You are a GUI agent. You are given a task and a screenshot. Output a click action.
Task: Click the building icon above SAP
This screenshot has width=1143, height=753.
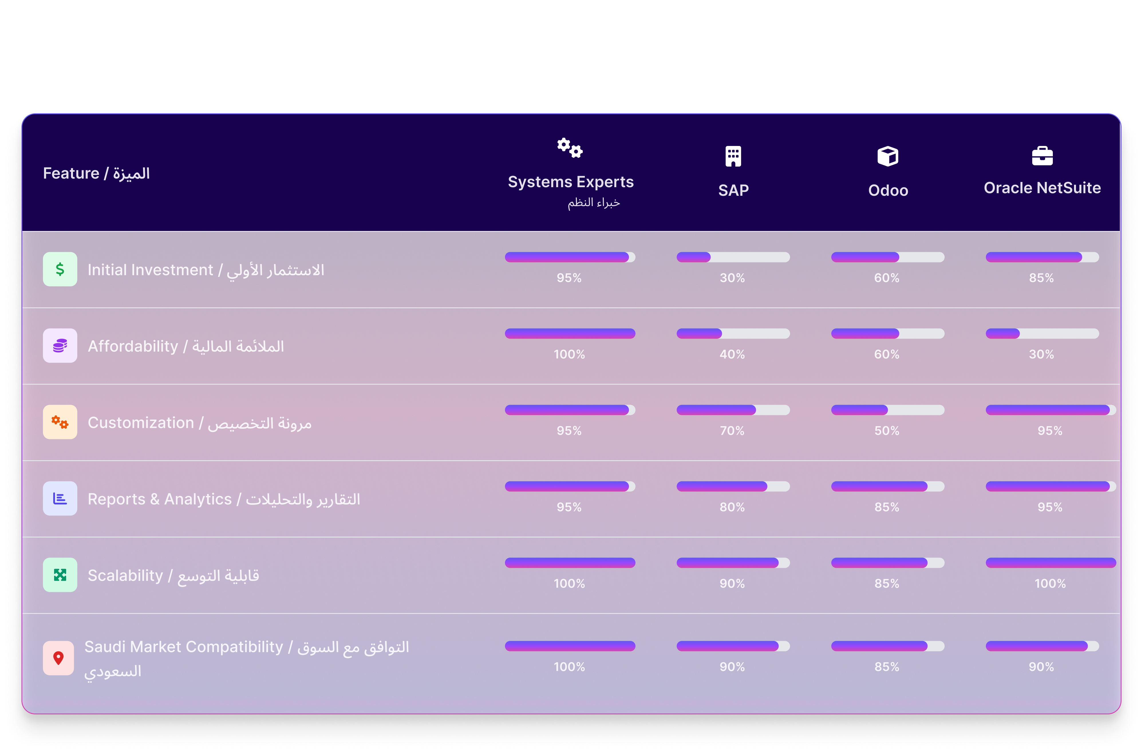tap(733, 156)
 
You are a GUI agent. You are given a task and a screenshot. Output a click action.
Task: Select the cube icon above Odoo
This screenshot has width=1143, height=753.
tap(887, 156)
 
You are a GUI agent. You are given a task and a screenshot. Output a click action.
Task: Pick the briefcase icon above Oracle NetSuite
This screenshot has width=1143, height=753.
tap(1042, 156)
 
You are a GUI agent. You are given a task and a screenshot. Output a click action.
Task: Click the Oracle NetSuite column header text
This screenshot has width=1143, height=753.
tap(1042, 188)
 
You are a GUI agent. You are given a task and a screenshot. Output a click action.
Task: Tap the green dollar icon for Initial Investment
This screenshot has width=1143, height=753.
tap(60, 269)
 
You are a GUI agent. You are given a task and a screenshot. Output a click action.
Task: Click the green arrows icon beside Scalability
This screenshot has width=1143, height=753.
tap(60, 574)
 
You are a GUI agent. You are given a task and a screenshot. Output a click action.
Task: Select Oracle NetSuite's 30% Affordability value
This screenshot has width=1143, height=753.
tap(1041, 354)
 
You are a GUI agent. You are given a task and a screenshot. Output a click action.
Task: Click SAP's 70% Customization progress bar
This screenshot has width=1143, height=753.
tap(733, 410)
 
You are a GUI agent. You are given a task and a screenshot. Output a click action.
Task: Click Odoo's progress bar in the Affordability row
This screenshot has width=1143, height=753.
tap(887, 333)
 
